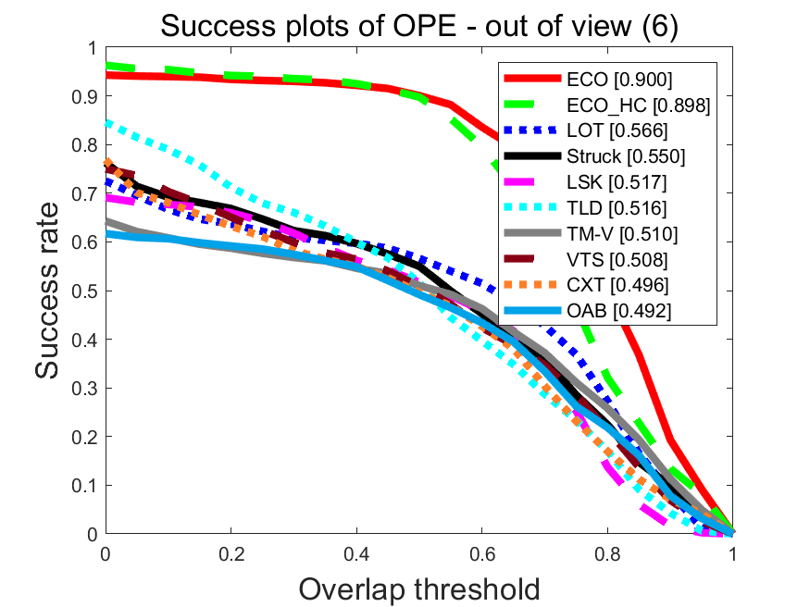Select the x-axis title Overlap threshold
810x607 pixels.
point(419,588)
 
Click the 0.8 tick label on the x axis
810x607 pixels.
point(607,553)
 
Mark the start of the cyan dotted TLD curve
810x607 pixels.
point(106,122)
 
